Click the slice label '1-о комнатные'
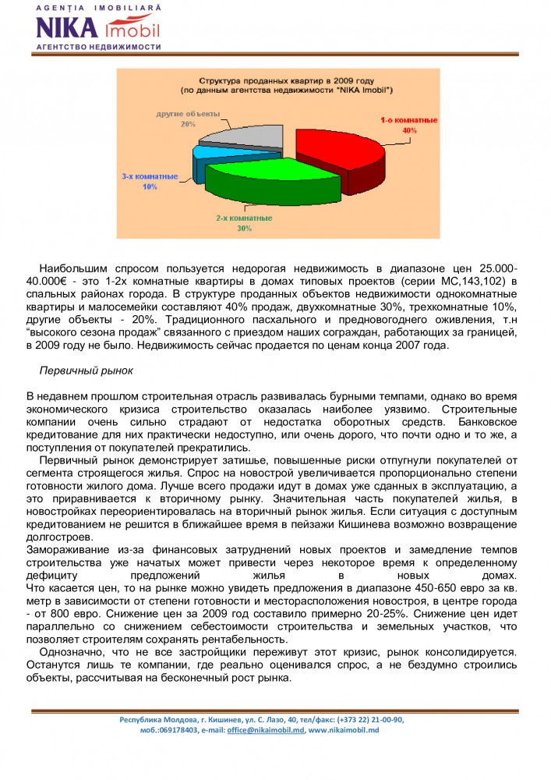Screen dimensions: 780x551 [x=408, y=121]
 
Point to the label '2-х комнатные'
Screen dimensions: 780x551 [x=244, y=218]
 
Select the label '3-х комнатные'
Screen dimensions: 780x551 [x=150, y=177]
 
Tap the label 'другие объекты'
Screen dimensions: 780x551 [x=187, y=114]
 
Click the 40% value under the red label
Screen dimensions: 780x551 [x=409, y=131]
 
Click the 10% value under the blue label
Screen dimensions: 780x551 [x=150, y=187]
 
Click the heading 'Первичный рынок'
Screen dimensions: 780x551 [x=87, y=369]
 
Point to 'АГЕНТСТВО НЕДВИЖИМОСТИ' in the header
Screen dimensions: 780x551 [x=98, y=47]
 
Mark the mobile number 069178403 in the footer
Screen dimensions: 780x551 [x=181, y=730]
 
